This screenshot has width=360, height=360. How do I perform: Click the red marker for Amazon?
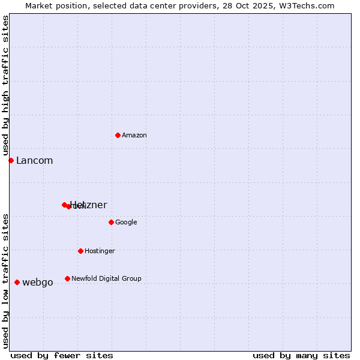118,135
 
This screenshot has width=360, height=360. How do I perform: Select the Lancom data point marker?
11,160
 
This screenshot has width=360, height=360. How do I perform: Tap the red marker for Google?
111,222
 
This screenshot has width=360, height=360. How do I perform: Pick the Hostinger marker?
80,251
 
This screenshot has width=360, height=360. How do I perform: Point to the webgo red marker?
17,282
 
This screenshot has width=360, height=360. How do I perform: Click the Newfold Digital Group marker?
67,278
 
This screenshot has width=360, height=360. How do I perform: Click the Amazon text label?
134,136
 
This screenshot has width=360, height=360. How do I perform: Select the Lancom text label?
34,161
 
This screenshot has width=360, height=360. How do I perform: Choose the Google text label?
126,223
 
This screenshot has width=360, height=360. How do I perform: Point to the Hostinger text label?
100,251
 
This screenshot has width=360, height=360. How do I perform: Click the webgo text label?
38,283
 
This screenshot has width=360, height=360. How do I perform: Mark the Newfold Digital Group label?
106,278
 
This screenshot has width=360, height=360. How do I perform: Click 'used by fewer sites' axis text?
62,355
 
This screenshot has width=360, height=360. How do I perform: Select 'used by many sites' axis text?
301,355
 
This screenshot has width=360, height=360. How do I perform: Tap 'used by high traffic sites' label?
6,86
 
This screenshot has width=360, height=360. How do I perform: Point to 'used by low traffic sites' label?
6,281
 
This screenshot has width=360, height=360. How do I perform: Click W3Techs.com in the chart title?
309,5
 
